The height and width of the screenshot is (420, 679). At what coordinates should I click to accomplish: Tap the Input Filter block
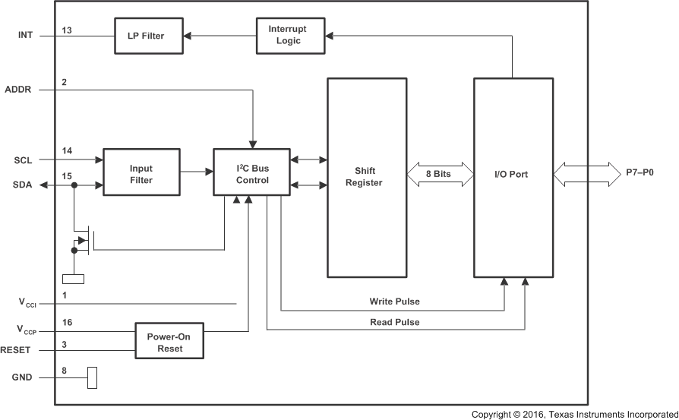coord(141,175)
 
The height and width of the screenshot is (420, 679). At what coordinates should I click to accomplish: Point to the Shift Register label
coord(369,177)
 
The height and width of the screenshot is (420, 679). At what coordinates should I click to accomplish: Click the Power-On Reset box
coord(170,342)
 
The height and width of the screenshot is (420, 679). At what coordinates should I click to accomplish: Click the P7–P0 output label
coord(640,173)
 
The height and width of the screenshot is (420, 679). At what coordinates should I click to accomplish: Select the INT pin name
coord(26,35)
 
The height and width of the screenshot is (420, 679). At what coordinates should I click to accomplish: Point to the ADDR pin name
coord(19,90)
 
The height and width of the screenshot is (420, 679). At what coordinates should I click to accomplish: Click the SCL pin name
coord(24,160)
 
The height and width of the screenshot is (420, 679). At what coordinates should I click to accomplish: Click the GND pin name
coord(23,377)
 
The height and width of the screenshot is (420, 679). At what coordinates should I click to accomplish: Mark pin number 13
coord(67,30)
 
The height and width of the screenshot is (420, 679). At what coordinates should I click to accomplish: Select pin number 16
coord(67,323)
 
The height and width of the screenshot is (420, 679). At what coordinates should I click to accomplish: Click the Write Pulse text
coord(394,302)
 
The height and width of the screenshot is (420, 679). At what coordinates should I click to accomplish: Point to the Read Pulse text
coord(394,322)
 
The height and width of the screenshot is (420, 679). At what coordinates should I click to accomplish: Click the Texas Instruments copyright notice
coord(573,414)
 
